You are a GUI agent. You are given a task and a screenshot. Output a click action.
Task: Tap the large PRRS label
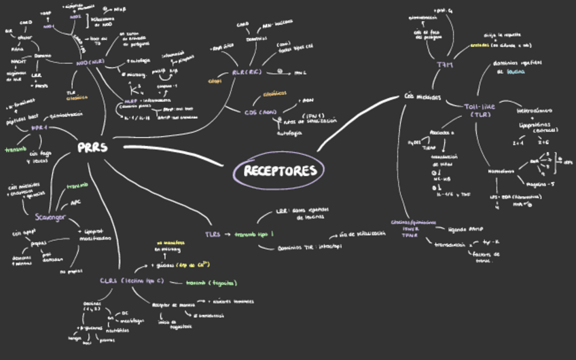click(x=92, y=147)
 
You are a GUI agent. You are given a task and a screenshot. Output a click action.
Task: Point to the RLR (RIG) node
click(x=246, y=71)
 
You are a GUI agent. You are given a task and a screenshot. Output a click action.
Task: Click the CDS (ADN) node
click(x=261, y=112)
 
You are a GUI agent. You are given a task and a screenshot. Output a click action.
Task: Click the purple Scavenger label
click(x=50, y=217)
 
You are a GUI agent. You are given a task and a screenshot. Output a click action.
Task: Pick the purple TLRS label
click(x=213, y=234)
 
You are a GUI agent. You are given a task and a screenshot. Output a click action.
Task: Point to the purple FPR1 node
click(x=39, y=128)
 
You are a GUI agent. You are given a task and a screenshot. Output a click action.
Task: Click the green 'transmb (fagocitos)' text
click(x=211, y=283)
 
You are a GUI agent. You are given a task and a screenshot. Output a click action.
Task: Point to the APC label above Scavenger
click(x=76, y=203)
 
